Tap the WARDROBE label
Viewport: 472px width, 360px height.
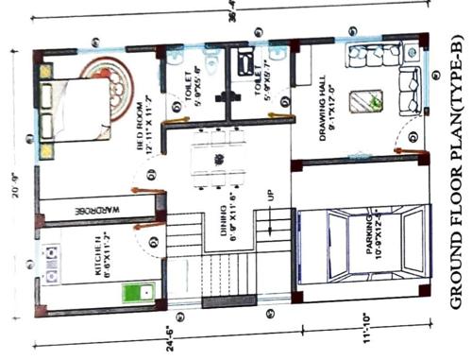tap(95, 207)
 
